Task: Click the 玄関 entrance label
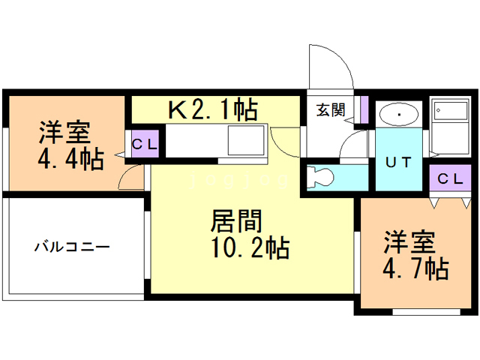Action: click(330, 110)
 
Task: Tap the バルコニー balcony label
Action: click(71, 246)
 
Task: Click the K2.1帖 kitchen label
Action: click(212, 110)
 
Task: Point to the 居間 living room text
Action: click(236, 222)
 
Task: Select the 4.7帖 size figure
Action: click(416, 267)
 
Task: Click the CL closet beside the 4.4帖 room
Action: click(145, 145)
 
